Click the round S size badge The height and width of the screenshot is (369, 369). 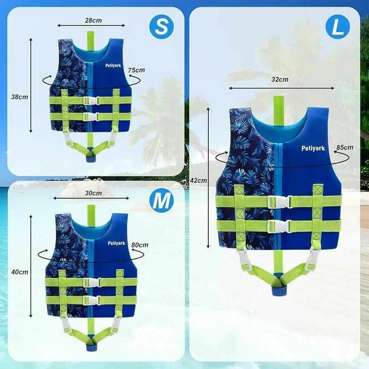click(161, 27)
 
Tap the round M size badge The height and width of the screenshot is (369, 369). click(161, 200)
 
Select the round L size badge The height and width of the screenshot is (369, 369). click(337, 27)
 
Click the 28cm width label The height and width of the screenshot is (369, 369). click(94, 20)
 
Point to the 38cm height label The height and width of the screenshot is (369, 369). click(20, 96)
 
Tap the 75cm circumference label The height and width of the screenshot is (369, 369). click(137, 70)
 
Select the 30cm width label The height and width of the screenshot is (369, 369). click(94, 193)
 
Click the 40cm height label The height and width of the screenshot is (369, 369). click(20, 272)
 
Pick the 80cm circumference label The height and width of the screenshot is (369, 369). click(140, 245)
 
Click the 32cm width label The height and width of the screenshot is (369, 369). click(280, 80)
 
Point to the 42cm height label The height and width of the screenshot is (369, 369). click(199, 181)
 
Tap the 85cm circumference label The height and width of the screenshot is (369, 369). click(345, 147)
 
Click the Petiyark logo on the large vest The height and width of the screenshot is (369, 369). click(313, 148)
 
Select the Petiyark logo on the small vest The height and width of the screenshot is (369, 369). click(113, 65)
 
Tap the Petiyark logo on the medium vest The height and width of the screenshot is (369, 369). click(116, 243)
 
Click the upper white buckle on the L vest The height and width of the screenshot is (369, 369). click(280, 201)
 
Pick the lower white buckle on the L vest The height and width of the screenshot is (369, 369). click(280, 226)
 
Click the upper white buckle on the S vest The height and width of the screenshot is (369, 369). click(91, 101)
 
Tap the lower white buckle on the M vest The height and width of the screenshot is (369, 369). click(91, 300)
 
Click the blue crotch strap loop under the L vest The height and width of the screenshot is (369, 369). click(279, 291)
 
